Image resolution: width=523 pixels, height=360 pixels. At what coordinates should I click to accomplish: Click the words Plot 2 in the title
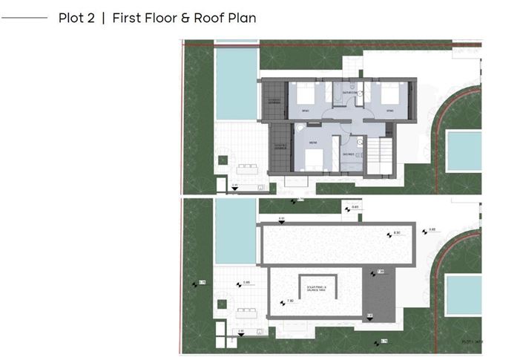click(x=77, y=18)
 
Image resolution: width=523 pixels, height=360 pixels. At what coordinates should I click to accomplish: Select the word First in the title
click(x=128, y=18)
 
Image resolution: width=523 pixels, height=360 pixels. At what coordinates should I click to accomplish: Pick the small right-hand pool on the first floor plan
click(x=464, y=151)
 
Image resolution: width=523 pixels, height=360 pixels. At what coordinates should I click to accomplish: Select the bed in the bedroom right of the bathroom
click(x=392, y=96)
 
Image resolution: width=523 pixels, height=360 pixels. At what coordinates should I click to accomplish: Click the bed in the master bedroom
click(x=312, y=158)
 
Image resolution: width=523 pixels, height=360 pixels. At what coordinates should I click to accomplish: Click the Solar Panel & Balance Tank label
click(x=315, y=287)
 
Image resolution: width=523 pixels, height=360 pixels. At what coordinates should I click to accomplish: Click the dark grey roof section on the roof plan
click(x=379, y=292)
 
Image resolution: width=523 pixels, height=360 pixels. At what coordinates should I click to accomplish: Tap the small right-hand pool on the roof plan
click(x=464, y=295)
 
